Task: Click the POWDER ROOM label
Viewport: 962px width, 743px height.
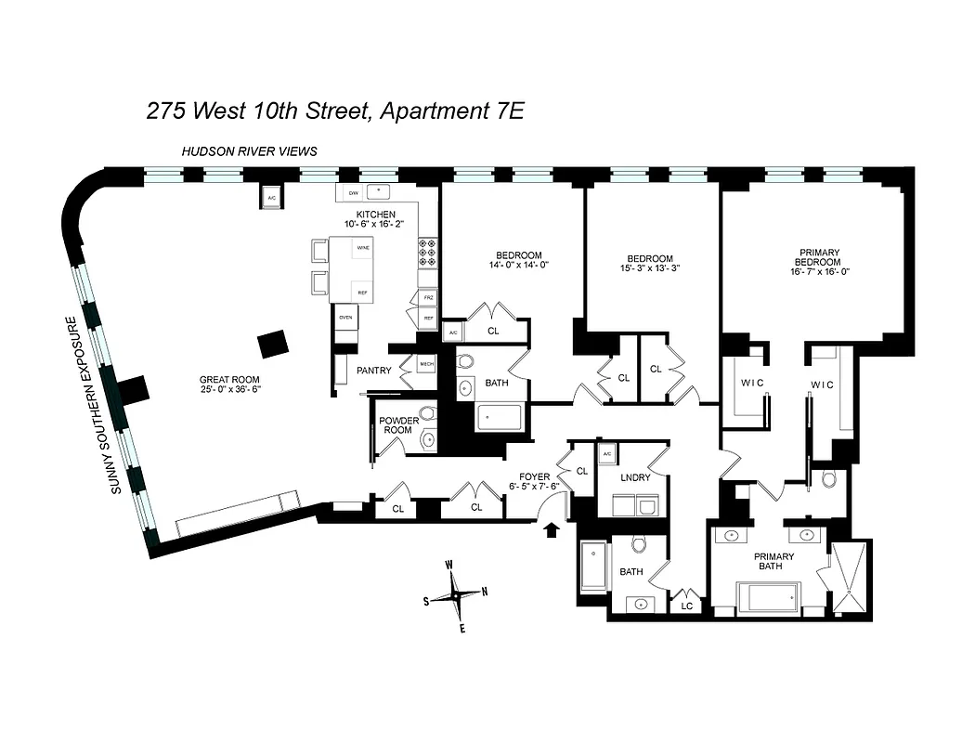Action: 398,426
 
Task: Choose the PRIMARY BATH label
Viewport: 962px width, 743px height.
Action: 773,563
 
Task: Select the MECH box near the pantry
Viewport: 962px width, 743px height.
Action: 427,364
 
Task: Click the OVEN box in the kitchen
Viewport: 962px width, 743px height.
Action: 345,318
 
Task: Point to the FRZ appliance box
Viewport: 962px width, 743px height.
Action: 428,297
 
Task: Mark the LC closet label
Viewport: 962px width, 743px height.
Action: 687,606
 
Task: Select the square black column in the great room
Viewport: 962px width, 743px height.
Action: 273,344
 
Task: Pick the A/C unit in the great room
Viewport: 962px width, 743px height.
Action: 272,198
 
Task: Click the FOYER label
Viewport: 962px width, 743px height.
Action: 534,476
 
